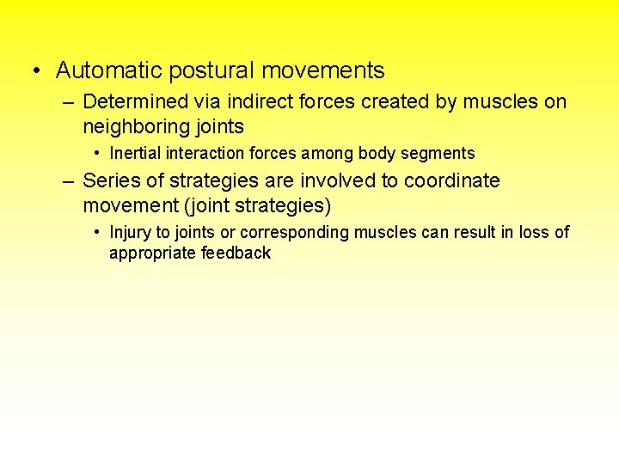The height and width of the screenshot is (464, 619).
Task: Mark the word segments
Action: [x=441, y=154]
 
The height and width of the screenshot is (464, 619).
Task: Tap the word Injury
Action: [x=130, y=233]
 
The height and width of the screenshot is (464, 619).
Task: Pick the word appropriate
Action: [x=152, y=253]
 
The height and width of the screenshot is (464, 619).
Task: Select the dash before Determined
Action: [x=68, y=102]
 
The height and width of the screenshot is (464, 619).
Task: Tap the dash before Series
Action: [x=68, y=181]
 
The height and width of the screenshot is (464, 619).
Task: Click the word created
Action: [x=391, y=102]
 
